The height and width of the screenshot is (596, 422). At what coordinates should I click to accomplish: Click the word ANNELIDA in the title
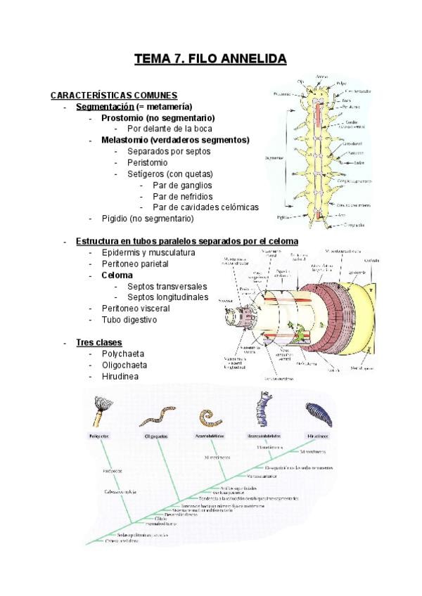pyautogui.click(x=244, y=59)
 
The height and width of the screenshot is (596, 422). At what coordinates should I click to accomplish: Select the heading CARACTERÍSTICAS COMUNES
pyautogui.click(x=114, y=95)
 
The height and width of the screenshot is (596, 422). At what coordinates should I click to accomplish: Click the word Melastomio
pyautogui.click(x=125, y=140)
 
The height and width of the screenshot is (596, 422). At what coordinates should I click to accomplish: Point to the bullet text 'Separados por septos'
pyautogui.click(x=169, y=151)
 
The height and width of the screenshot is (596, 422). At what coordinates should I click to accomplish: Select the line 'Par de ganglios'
pyautogui.click(x=182, y=185)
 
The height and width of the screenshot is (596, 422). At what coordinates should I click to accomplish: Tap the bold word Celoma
pyautogui.click(x=117, y=275)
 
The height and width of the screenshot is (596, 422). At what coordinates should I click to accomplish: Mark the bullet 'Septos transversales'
pyautogui.click(x=167, y=286)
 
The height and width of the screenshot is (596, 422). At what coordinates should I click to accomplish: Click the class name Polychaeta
pyautogui.click(x=124, y=354)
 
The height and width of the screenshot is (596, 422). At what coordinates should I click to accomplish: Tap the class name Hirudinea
pyautogui.click(x=120, y=376)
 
